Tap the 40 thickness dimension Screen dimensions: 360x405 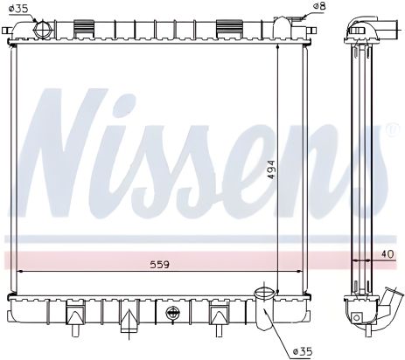click(x=388, y=254)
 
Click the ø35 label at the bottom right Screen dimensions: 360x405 click(x=304, y=351)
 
